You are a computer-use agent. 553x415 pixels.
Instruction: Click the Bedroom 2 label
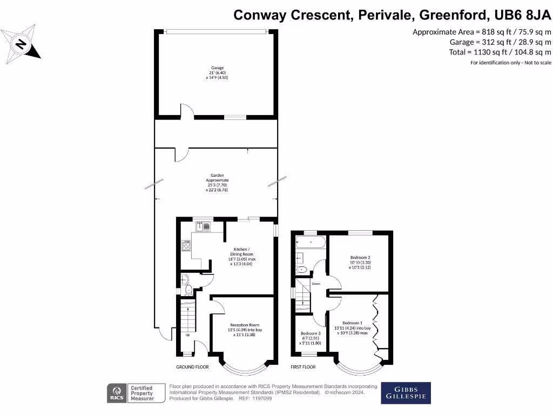point(360,262)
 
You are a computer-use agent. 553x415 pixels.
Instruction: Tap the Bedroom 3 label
point(311,338)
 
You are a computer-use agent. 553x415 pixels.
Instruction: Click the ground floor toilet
point(186,285)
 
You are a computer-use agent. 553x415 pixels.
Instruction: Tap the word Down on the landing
point(316,284)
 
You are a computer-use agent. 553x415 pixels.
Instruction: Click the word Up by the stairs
point(187,334)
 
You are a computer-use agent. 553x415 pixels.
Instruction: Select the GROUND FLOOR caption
point(192,367)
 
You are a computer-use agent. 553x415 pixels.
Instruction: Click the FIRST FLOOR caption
point(303,367)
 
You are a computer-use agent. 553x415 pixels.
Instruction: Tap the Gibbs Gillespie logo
point(406,393)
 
